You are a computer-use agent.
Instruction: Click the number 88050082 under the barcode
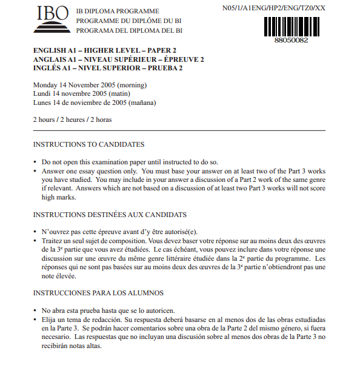pos(291,39)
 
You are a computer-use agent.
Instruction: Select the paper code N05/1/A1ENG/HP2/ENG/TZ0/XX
pos(274,8)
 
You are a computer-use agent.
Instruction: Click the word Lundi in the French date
pos(42,93)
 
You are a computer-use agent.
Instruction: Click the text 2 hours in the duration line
pos(44,119)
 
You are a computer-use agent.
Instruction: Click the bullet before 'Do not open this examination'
pos(35,163)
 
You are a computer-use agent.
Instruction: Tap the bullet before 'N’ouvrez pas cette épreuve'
pos(35,233)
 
